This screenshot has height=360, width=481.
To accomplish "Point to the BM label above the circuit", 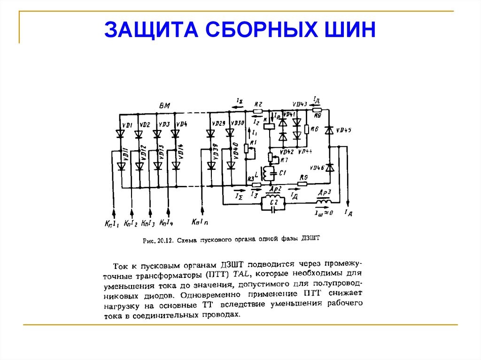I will pos(164,106).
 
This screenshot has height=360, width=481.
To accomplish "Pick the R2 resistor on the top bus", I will pos(257,112).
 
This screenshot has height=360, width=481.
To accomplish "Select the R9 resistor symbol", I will pos(303,184).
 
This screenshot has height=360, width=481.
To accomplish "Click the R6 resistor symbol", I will pos(307,129).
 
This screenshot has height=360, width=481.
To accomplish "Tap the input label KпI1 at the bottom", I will pos(112,222).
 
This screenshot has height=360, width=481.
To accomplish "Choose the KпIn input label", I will pos(202,222).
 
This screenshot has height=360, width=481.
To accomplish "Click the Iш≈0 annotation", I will pos(324,213).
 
